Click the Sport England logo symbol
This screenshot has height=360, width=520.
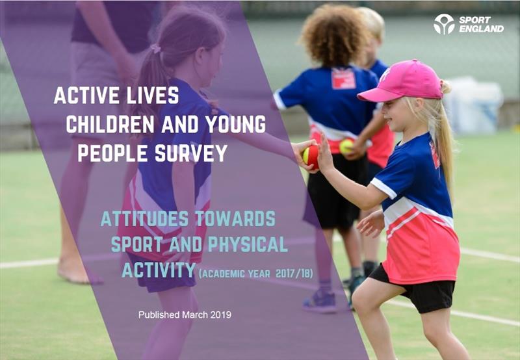click(x=444, y=24)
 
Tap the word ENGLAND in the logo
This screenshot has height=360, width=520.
click(x=481, y=29)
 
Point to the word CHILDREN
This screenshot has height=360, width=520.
click(x=110, y=124)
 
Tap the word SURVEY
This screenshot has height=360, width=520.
click(x=191, y=153)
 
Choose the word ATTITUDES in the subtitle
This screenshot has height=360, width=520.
click(x=144, y=218)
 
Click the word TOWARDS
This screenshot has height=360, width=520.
click(x=235, y=218)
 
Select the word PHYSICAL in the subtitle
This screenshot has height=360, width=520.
click(x=248, y=244)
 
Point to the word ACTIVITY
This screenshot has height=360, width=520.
click(x=159, y=270)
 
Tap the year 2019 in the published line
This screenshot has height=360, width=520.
click(x=220, y=315)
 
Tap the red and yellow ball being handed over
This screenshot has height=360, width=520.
click(x=311, y=156)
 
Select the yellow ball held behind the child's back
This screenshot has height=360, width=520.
click(x=346, y=146)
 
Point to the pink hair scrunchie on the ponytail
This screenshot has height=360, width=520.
click(x=155, y=49)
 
